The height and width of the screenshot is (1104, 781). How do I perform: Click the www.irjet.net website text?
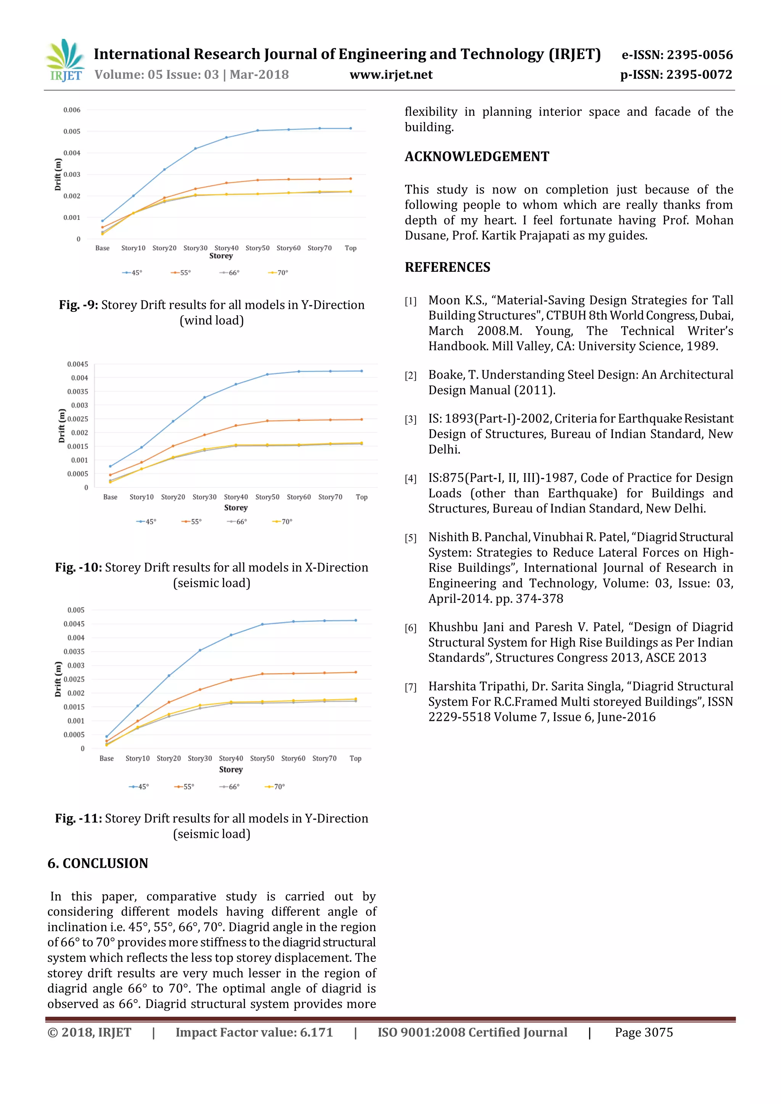[391, 75]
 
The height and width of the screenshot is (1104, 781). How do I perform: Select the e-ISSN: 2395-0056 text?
[677, 55]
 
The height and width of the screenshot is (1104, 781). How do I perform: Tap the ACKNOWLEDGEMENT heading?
[477, 157]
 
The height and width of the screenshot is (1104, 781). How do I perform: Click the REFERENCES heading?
[447, 267]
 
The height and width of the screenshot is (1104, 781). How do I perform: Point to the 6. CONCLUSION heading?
[98, 863]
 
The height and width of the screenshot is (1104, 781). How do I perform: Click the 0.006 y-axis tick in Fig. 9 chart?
[72, 110]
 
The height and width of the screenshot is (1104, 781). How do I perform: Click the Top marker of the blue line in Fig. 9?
[350, 128]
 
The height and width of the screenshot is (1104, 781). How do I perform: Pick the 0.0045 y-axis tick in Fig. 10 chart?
[77, 364]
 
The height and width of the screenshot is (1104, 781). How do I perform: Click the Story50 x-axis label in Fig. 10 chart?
[267, 497]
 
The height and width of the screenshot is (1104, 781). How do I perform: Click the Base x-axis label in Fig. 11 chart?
[106, 758]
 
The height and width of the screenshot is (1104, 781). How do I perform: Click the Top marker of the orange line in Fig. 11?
[356, 672]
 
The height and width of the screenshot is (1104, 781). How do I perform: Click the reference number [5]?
[410, 538]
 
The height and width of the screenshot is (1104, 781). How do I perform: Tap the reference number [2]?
[410, 376]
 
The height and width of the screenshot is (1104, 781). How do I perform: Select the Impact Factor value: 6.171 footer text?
[254, 1032]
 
